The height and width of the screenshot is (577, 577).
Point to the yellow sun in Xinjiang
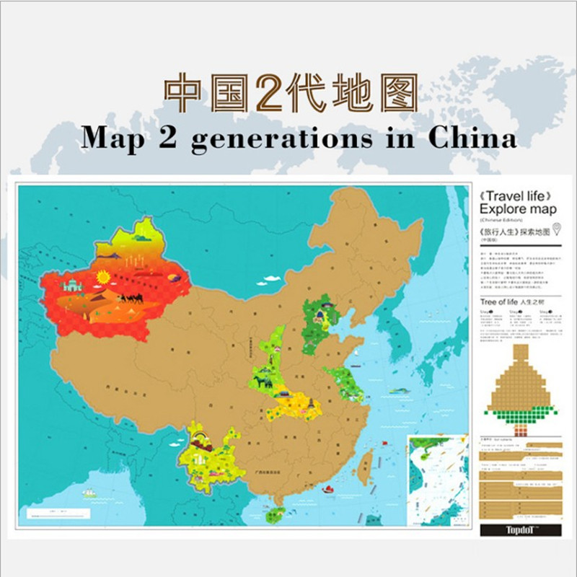pyautogui.click(x=102, y=276)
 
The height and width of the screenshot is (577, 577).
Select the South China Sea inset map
pyautogui.click(x=436, y=477)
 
